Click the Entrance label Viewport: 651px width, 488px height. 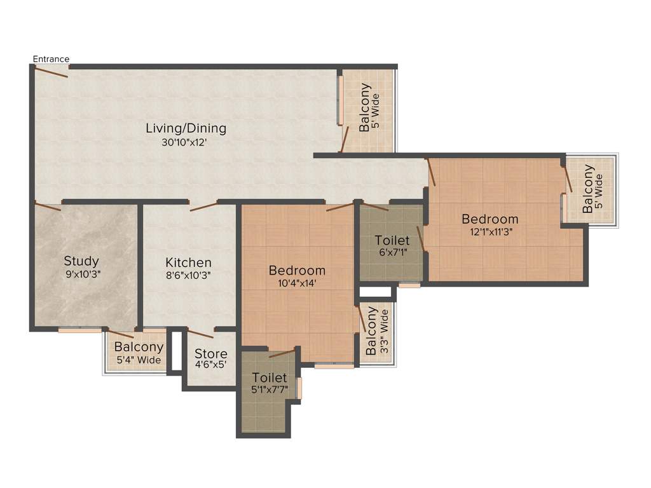[51, 59]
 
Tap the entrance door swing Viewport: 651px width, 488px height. [51, 72]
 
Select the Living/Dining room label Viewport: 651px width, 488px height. [186, 128]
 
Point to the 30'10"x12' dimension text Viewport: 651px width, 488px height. [185, 143]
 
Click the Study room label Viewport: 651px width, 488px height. [81, 261]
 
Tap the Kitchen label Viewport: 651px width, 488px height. [188, 263]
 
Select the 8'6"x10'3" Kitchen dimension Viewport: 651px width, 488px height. [188, 276]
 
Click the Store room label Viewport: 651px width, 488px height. [210, 354]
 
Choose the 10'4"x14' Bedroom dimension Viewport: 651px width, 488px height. [297, 284]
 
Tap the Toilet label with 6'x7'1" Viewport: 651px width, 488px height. [392, 241]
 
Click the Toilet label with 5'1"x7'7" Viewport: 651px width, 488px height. [269, 378]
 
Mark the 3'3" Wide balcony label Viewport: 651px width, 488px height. [377, 332]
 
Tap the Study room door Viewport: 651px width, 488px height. [48, 206]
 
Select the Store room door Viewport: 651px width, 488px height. [201, 334]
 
